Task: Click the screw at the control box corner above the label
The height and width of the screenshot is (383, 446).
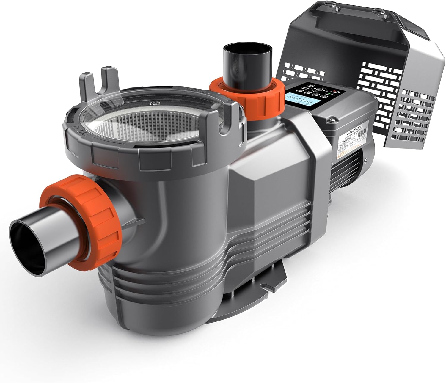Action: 331,120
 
